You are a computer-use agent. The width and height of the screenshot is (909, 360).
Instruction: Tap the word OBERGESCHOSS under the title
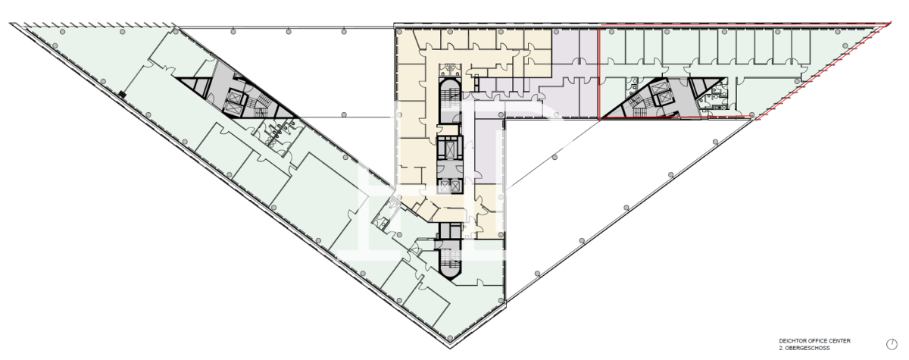pos(807,348)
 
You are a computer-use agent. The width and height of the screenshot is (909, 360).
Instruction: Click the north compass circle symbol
pos(892,344)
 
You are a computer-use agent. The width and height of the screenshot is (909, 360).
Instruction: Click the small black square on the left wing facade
pos(123,95)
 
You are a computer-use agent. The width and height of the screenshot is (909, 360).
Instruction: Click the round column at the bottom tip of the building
pos(450,338)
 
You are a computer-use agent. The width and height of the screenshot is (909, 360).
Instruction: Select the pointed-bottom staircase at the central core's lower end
pos(450,261)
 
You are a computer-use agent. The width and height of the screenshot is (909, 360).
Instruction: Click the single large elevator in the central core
pos(450,147)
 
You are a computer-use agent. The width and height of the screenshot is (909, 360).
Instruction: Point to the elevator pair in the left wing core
pos(235,102)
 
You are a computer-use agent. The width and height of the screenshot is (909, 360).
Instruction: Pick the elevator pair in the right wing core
pos(660,92)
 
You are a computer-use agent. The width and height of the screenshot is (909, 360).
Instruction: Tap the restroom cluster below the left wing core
pos(277,133)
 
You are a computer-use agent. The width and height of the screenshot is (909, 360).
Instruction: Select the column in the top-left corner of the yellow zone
pos(400,32)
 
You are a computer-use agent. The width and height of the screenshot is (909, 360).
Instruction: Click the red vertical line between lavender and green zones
pos(600,73)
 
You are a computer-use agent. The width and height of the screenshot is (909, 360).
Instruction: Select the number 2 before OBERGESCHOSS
pos(781,348)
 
